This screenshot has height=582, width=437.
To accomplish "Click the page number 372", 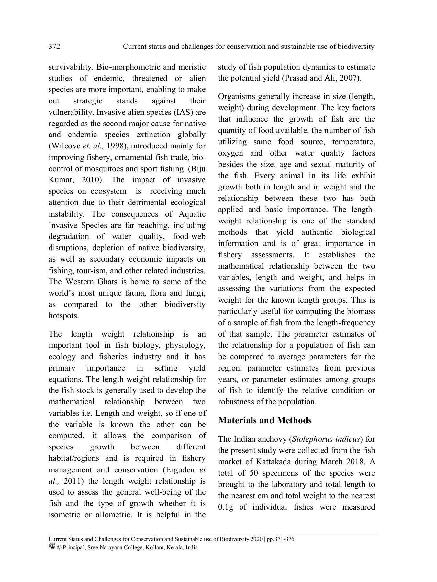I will click(54, 47).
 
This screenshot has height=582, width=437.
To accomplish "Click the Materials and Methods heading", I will click(265, 420).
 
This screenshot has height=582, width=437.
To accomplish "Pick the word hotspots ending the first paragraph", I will click(63, 316).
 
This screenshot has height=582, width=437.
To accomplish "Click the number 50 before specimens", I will click(254, 473).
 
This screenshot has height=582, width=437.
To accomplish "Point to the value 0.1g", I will click(226, 507).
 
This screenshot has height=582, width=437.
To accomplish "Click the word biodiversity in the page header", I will click(356, 47).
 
